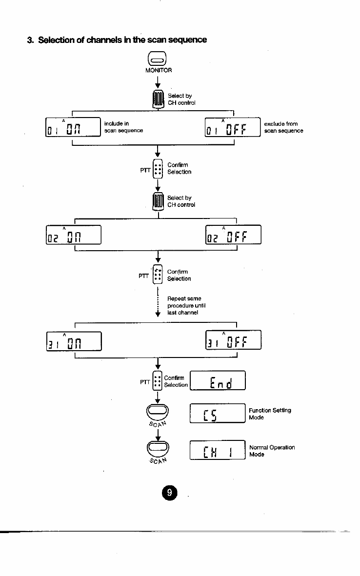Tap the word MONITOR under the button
coord(158,70)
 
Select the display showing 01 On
coord(72,128)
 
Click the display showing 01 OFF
coord(233,128)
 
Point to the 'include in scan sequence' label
coord(123,127)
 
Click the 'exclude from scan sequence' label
coord(283,127)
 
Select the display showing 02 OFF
coord(233,236)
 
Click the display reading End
coord(217,381)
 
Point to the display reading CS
coord(217,415)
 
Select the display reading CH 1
coord(217,451)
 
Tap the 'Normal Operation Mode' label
coord(272,451)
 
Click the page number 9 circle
coord(169,493)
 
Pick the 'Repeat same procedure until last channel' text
coord(184,305)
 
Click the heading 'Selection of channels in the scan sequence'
coord(117,39)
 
